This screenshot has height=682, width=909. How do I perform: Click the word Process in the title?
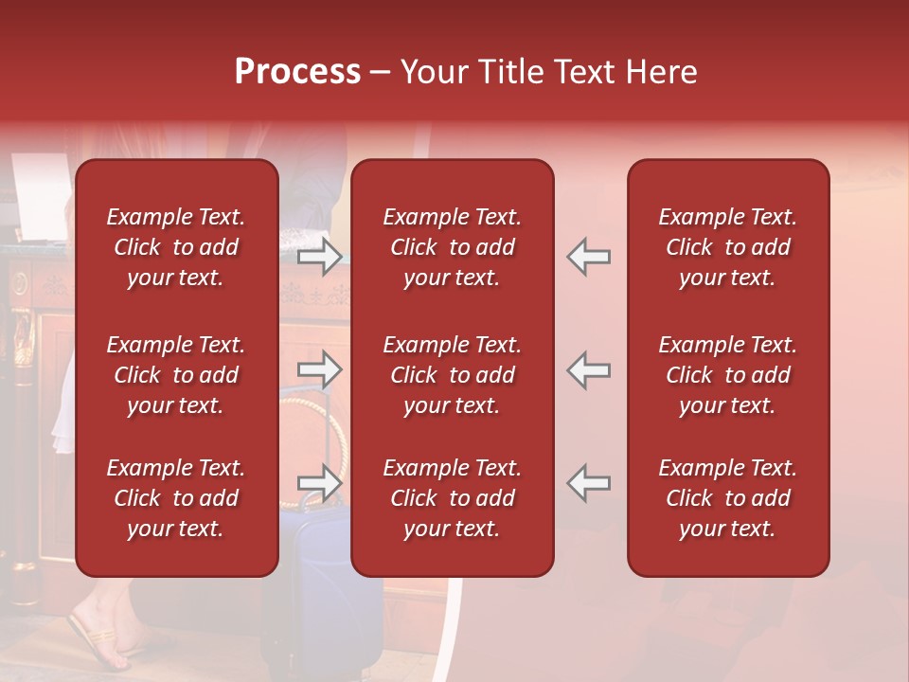click(297, 72)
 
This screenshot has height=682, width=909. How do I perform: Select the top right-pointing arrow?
click(320, 256)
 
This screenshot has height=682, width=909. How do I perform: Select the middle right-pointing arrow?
click(320, 369)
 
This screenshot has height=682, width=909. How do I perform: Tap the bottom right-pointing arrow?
click(320, 483)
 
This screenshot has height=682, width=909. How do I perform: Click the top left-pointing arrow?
click(588, 256)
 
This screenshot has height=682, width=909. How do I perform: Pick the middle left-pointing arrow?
click(588, 369)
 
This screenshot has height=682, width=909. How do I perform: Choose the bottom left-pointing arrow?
click(588, 483)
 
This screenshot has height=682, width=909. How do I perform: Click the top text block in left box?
click(176, 247)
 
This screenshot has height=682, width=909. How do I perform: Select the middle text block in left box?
click(176, 375)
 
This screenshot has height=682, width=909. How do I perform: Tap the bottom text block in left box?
click(176, 498)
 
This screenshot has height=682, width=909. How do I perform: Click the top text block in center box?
click(452, 247)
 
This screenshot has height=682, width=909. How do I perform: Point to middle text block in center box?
click(452, 375)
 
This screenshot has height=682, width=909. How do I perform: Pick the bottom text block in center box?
click(452, 498)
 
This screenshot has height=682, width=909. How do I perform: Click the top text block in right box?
click(727, 247)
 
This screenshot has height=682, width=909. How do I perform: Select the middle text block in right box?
click(727, 375)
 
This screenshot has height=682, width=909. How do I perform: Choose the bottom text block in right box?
click(727, 498)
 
